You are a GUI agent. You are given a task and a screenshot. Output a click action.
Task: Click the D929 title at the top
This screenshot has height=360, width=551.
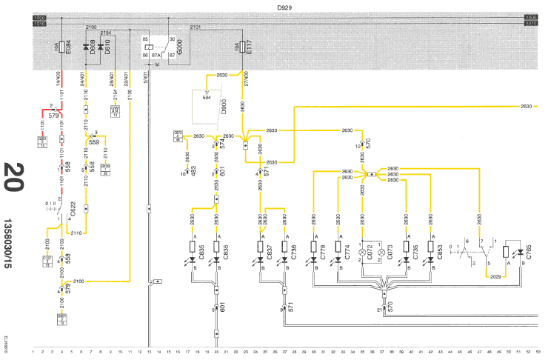[x=283, y=7]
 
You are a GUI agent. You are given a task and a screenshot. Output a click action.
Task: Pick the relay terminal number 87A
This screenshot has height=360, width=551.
[x=157, y=54]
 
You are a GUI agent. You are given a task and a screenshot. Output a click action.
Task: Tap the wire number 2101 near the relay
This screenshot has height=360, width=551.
[x=196, y=27]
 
